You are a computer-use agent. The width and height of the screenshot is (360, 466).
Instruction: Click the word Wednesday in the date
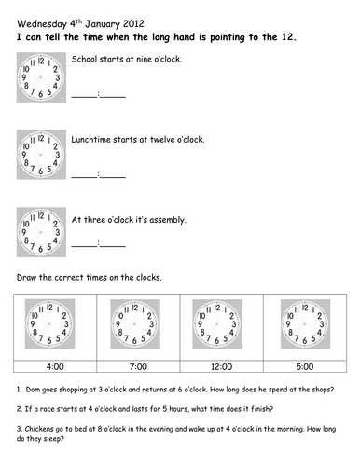click(42, 24)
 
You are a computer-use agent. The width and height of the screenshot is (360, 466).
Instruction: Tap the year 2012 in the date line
click(133, 23)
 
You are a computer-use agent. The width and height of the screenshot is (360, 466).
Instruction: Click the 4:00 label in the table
click(55, 366)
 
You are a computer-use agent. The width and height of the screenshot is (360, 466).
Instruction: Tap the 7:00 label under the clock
click(138, 366)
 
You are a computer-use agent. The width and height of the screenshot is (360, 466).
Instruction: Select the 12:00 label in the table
click(222, 366)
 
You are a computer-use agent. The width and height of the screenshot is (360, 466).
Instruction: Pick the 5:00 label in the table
click(305, 366)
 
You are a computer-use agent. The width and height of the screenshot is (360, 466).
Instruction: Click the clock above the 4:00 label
click(50, 323)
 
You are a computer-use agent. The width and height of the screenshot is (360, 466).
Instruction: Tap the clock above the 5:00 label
click(305, 323)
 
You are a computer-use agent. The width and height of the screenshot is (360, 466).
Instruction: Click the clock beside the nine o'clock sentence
click(41, 77)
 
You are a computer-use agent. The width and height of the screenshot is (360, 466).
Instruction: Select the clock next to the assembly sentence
click(41, 232)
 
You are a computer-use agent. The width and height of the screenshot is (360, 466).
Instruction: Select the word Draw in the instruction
click(26, 277)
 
